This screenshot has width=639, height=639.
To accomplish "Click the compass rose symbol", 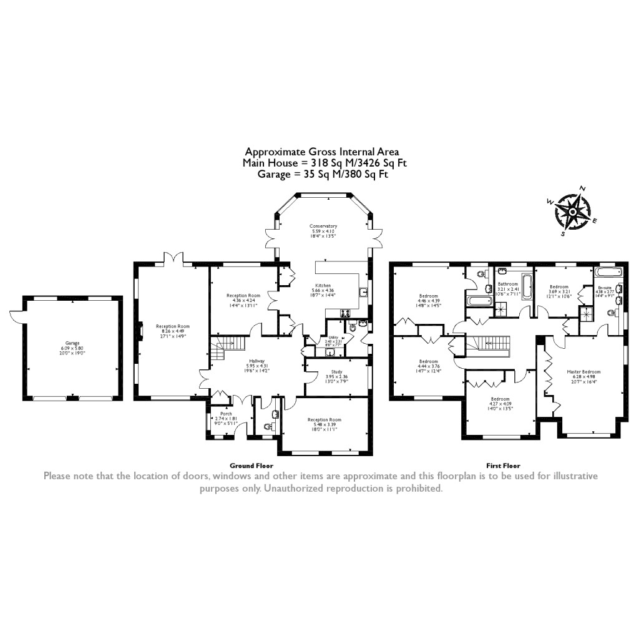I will pyautogui.click(x=572, y=211).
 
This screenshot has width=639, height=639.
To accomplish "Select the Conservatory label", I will pyautogui.click(x=323, y=226).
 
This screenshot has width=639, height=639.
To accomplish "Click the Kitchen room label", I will pyautogui.click(x=323, y=285).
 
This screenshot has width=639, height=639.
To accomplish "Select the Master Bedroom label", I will pyautogui.click(x=584, y=372).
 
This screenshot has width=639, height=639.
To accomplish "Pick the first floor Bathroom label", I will pyautogui.click(x=508, y=284).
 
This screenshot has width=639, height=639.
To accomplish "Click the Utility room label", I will pyautogui.click(x=333, y=337).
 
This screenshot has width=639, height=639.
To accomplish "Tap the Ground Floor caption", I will pyautogui.click(x=251, y=466).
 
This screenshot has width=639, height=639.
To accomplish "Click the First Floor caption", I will pyautogui.click(x=503, y=466).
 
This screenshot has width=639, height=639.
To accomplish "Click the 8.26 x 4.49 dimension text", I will pyautogui.click(x=173, y=331).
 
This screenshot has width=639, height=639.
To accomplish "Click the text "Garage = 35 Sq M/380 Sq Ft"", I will pyautogui.click(x=323, y=175).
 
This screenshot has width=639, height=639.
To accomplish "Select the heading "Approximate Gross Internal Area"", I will pyautogui.click(x=321, y=151).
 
